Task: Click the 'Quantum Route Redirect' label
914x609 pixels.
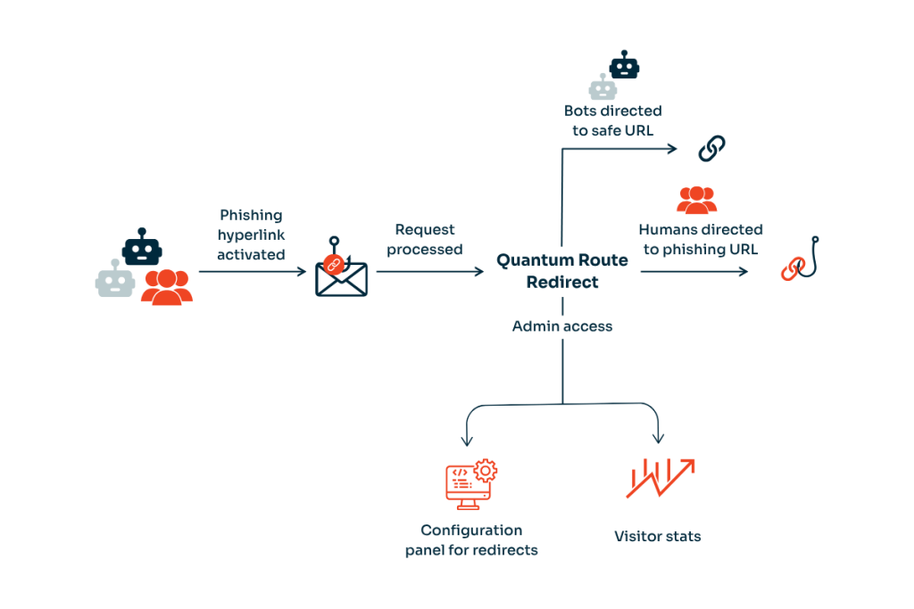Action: point(562,270)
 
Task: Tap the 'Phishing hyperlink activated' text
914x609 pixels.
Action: point(251,235)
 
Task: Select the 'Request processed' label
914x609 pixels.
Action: point(424,240)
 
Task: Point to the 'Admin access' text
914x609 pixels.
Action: point(562,326)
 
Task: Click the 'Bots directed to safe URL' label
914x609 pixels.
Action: point(612,120)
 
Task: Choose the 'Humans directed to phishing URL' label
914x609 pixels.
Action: point(701,240)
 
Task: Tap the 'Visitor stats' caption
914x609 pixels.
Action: point(657,537)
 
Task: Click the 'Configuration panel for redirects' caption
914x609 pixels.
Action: point(471,540)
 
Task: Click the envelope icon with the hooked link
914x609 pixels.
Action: point(341,271)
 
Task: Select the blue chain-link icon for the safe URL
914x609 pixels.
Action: point(711,148)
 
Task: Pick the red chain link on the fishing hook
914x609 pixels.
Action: point(792,267)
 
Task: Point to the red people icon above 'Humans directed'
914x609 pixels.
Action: point(696,200)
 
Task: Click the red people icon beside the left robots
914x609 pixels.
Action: point(167,285)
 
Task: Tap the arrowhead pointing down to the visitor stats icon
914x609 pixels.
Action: point(659,439)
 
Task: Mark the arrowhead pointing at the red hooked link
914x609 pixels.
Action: point(744,270)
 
